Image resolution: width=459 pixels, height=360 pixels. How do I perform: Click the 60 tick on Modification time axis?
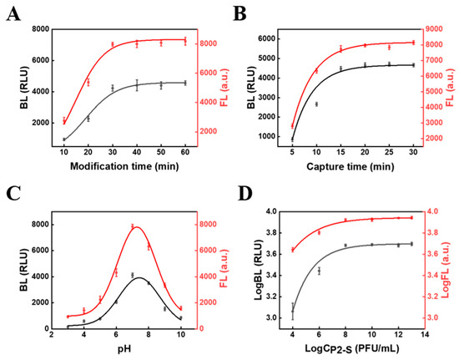(x=185, y=154)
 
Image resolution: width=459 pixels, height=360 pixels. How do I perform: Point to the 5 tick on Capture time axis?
(x=292, y=154)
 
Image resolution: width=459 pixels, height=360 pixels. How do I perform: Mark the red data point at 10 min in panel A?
(x=64, y=121)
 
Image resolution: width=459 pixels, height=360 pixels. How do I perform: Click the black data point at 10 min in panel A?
(x=64, y=139)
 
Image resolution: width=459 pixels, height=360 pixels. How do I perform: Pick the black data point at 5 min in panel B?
(x=292, y=139)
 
